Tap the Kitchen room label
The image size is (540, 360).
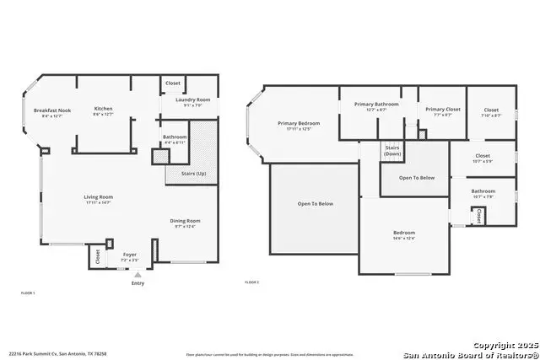[103, 109]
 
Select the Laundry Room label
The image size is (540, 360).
[192, 100]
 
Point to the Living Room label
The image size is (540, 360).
[98, 197]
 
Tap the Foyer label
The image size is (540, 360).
[130, 254]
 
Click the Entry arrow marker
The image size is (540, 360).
[138, 275]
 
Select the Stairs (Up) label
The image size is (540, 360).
[193, 174]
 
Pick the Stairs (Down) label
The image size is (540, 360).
[392, 151]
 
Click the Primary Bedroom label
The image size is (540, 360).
[299, 123]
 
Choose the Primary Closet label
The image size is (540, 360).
[441, 109]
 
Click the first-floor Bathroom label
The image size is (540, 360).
[175, 137]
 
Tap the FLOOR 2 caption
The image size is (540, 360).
[251, 282]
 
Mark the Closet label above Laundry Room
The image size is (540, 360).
[173, 83]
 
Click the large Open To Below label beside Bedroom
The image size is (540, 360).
[315, 203]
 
